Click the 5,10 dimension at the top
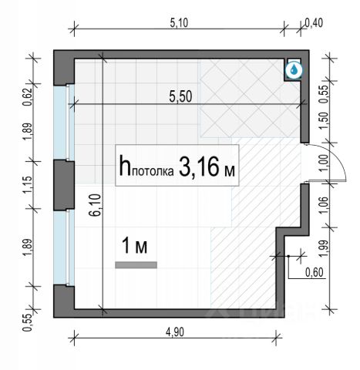[179, 23]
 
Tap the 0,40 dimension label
[314, 23]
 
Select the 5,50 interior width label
[180, 97]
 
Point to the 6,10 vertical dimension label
[96, 205]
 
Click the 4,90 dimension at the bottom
[175, 332]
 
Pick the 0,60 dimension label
[314, 272]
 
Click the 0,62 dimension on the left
[28, 97]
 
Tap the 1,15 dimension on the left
[28, 185]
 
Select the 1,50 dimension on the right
[325, 121]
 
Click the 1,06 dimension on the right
[325, 205]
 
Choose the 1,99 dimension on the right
[325, 248]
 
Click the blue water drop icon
[294, 69]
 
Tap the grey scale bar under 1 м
[136, 265]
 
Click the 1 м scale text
[135, 246]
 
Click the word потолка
[153, 171]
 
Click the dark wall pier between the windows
[64, 185]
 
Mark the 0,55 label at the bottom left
[28, 323]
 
